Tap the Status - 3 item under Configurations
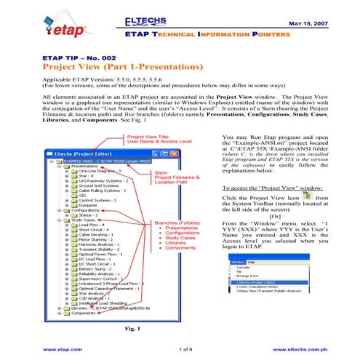point(89,215)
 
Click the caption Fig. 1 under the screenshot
point(121,329)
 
